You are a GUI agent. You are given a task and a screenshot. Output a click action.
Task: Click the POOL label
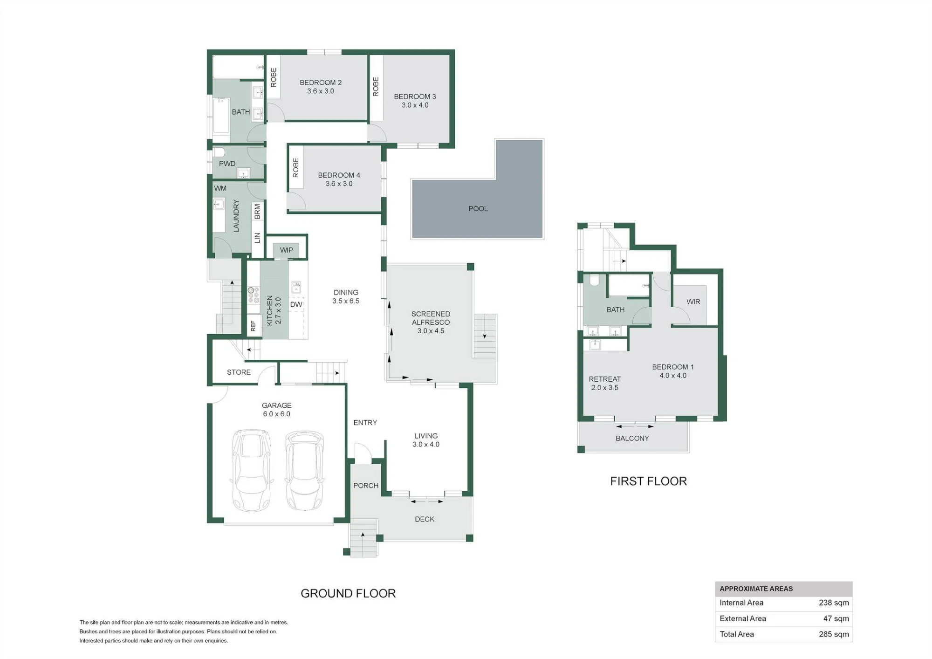tap(478, 209)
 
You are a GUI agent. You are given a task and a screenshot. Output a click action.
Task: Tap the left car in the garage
tap(251, 470)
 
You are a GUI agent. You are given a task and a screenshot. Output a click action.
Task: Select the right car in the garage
tap(304, 470)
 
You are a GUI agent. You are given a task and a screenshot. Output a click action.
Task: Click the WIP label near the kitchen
tap(287, 250)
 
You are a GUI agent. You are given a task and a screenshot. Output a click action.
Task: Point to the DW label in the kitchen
tap(296, 304)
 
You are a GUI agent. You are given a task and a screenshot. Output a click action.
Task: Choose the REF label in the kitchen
tap(253, 325)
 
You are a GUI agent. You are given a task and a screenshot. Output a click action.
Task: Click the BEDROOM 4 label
tap(339, 175)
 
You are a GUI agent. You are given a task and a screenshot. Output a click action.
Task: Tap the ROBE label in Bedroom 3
tap(376, 87)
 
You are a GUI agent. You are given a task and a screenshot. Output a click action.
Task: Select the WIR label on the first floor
tap(693, 302)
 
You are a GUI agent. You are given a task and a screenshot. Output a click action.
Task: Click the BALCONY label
tap(632, 438)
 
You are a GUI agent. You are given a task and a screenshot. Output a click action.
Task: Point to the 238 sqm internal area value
tap(834, 603)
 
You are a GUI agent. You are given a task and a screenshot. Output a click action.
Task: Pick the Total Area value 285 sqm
tap(834, 634)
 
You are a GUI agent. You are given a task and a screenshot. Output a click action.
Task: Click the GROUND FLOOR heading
tap(348, 593)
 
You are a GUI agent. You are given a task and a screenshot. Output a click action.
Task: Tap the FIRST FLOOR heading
tap(649, 481)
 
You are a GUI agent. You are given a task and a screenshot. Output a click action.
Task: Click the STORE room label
tap(239, 372)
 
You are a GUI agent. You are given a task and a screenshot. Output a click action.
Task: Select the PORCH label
tap(366, 486)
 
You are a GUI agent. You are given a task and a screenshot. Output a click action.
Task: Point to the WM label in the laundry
tap(220, 188)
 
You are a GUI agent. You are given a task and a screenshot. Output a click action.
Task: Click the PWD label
tap(227, 164)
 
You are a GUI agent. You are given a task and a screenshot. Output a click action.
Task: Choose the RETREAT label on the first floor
tap(604, 379)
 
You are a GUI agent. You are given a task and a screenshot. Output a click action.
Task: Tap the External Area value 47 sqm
tap(836, 618)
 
